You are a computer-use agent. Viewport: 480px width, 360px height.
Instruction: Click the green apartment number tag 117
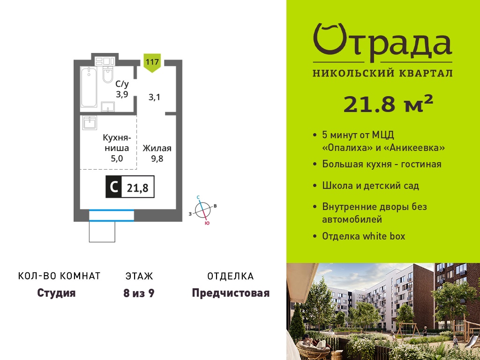pyautogui.click(x=152, y=63)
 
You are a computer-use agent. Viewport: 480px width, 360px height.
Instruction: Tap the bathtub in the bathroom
pyautogui.click(x=89, y=87)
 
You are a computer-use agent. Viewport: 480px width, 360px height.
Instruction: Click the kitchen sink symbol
pyautogui.click(x=90, y=123)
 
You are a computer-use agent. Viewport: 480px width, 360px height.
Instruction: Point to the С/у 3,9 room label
pyautogui.click(x=122, y=89)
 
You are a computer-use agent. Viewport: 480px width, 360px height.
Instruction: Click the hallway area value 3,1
pyautogui.click(x=154, y=97)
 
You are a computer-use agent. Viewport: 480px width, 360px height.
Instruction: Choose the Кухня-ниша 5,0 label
pyautogui.click(x=117, y=148)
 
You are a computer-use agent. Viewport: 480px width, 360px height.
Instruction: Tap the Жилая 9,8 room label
pyautogui.click(x=157, y=153)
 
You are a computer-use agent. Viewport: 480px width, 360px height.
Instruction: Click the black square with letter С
pyautogui.click(x=113, y=187)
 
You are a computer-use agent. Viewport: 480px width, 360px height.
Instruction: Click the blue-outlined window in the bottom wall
pyautogui.click(x=112, y=215)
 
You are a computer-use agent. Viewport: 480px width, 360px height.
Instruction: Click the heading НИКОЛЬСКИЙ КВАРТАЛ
pyautogui.click(x=382, y=73)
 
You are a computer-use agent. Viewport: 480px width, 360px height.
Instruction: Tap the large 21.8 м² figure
pyautogui.click(x=388, y=104)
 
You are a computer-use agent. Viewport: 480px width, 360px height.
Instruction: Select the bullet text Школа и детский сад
pyautogui.click(x=370, y=186)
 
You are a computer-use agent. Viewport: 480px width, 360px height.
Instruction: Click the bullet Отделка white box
pyautogui.click(x=364, y=236)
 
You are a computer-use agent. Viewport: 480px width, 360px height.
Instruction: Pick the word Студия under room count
pyautogui.click(x=56, y=293)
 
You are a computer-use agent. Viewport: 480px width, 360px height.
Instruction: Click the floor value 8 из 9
pyautogui.click(x=139, y=293)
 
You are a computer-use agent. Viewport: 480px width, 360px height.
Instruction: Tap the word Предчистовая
pyautogui.click(x=231, y=293)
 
